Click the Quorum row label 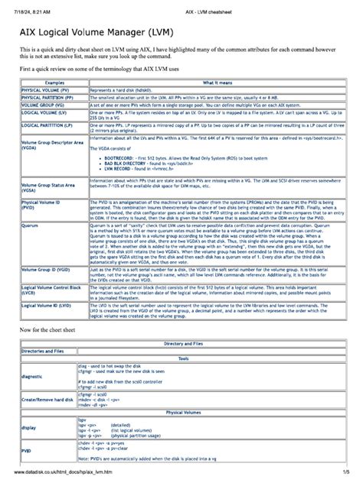[31, 226]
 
